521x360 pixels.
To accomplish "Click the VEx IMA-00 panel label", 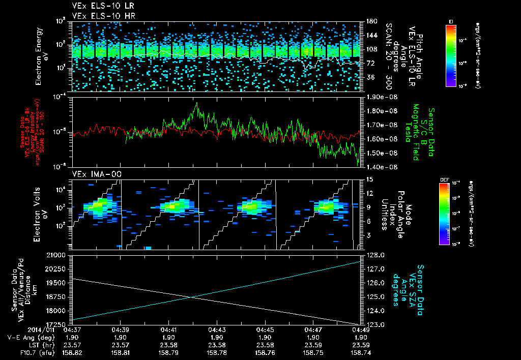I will (93, 174).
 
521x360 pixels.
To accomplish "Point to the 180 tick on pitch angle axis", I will (369, 21).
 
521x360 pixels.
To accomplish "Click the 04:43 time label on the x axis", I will (217, 329).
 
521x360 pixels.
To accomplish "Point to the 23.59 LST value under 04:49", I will (361, 344).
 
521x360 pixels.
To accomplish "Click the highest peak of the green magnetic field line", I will (196, 103).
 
